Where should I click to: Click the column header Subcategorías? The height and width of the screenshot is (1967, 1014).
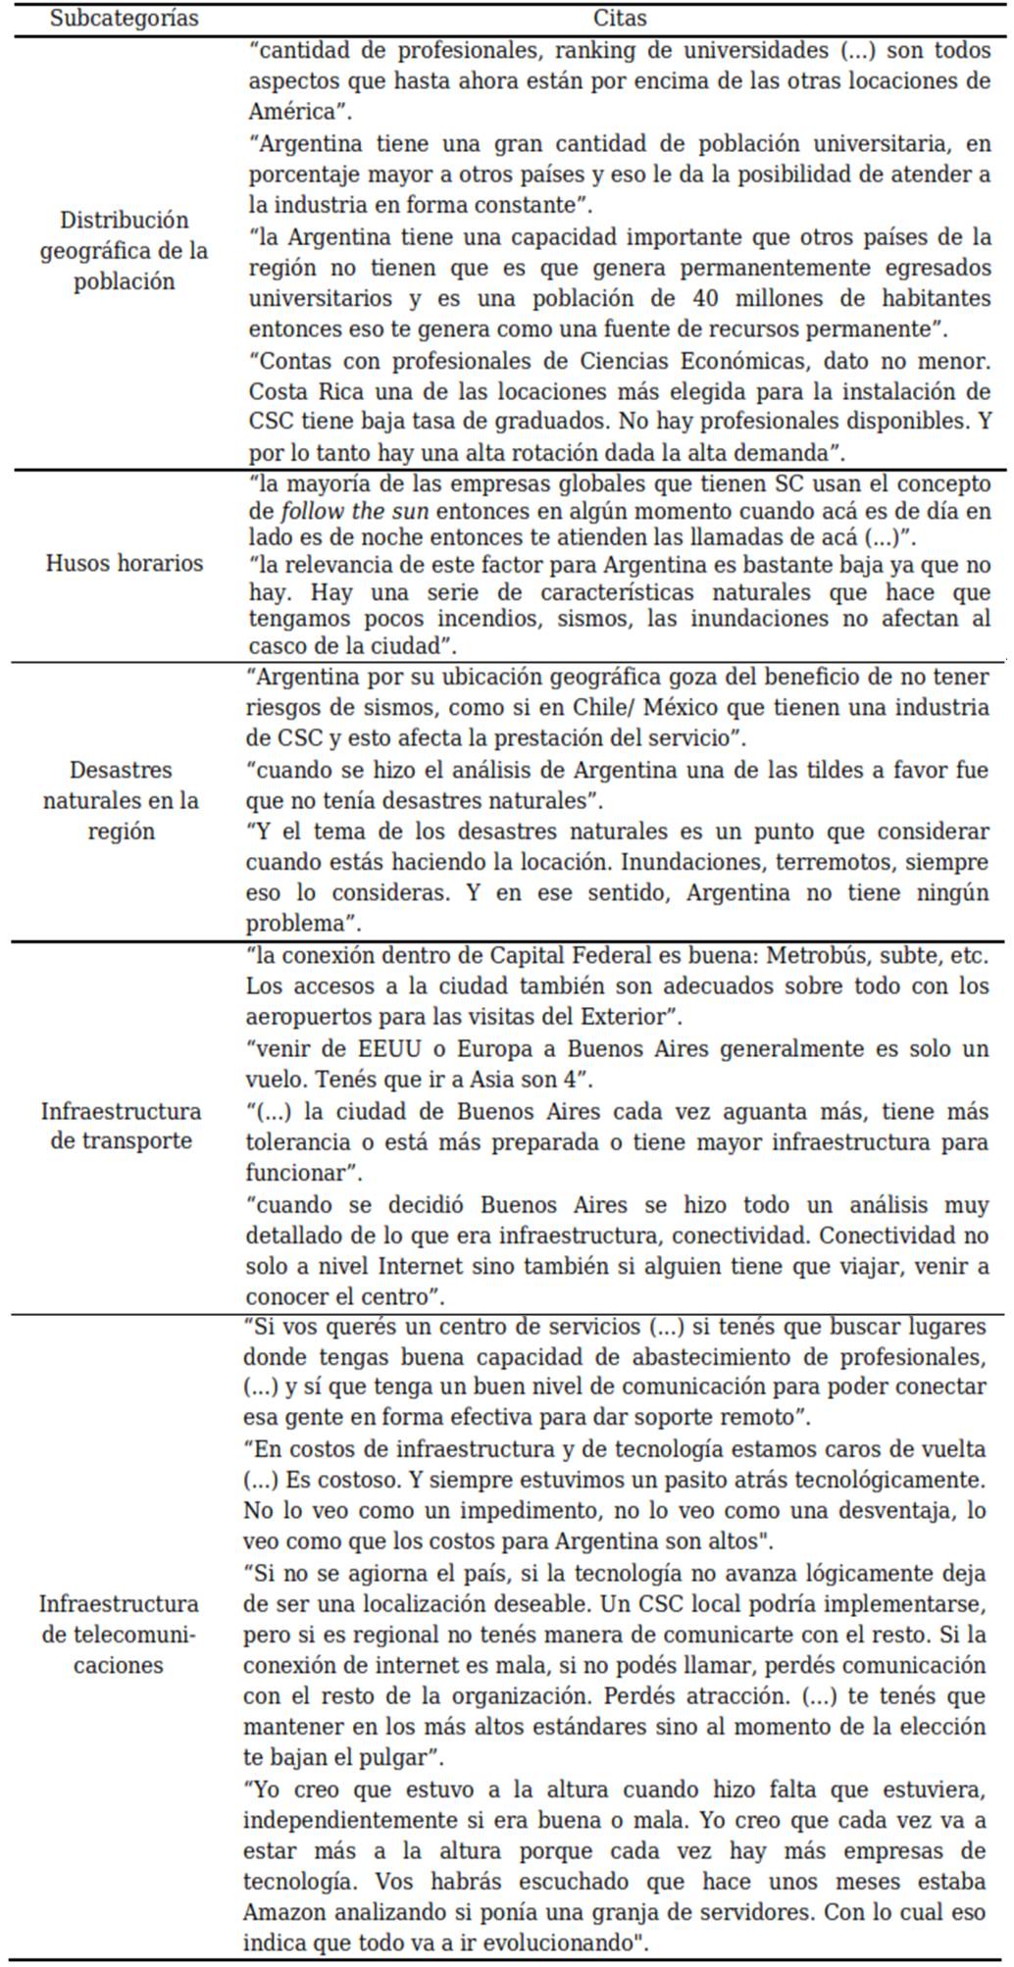pyautogui.click(x=124, y=19)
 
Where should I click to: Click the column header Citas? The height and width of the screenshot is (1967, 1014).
pyautogui.click(x=619, y=19)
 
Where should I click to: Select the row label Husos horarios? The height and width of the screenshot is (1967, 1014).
pyautogui.click(x=124, y=563)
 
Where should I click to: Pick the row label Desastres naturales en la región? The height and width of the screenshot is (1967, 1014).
pyautogui.click(x=121, y=800)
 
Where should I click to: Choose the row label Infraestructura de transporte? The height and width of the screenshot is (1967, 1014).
pyautogui.click(x=121, y=1126)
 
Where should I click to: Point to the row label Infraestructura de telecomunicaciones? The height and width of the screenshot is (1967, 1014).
pyautogui.click(x=119, y=1634)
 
